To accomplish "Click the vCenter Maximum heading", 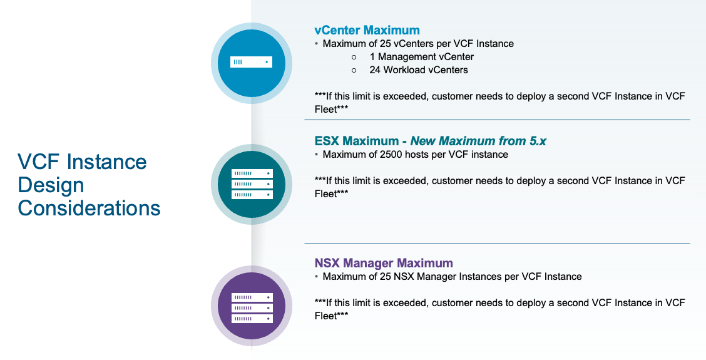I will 367,30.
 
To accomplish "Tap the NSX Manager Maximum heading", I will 383,263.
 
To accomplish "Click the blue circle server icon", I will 252,62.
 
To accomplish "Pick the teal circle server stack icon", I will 252,184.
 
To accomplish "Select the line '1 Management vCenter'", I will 421,57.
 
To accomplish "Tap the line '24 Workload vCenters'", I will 418,70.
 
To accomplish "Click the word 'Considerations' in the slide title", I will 89,208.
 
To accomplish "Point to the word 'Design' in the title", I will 51,185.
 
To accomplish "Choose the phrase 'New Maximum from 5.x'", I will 478,141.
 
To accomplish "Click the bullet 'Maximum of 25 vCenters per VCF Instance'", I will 418,44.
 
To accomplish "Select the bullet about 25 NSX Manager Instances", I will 452,276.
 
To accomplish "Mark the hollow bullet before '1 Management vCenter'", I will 354,57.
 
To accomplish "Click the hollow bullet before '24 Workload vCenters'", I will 354,70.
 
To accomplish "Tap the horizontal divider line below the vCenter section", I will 497,120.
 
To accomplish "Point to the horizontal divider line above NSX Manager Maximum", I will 497,244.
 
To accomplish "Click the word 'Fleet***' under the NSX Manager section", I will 331,316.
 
